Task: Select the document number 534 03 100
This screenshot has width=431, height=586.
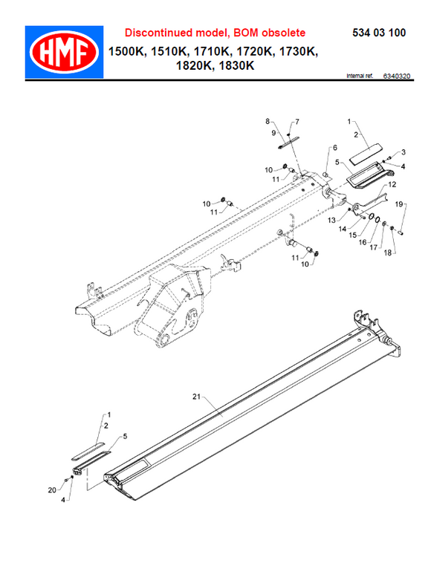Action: (x=377, y=33)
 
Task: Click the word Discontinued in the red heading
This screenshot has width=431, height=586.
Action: (x=157, y=33)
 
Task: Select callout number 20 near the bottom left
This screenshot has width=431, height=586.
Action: (x=51, y=491)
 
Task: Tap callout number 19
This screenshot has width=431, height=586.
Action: (x=398, y=204)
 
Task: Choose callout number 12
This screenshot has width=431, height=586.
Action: (x=392, y=184)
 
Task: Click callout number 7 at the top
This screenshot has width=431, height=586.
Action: (x=296, y=121)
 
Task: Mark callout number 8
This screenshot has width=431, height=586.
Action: (x=270, y=121)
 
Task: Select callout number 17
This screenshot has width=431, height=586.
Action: (x=375, y=247)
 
